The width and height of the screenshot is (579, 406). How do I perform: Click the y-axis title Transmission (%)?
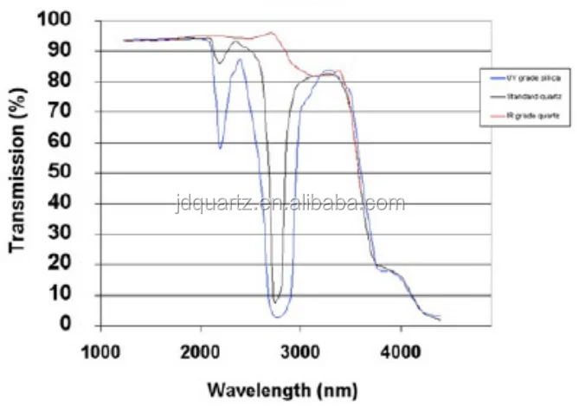[x=18, y=173]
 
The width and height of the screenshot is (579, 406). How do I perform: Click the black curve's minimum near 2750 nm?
[x=276, y=301]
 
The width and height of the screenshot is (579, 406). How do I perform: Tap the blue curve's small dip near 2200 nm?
[x=220, y=148]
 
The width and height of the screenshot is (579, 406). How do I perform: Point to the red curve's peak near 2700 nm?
[x=272, y=33]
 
